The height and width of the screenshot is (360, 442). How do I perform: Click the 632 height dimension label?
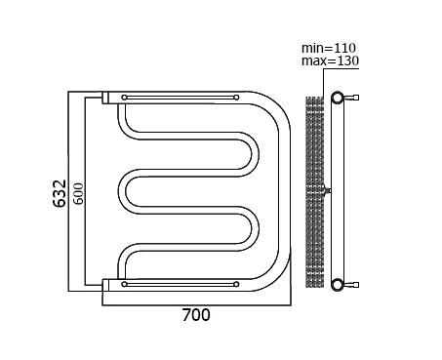[x=60, y=193]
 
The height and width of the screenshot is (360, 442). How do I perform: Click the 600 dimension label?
[x=78, y=194]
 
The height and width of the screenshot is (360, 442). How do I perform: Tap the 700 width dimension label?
[x=196, y=315]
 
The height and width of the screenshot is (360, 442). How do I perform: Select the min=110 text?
[x=329, y=48]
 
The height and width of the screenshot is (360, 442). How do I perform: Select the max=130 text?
[x=330, y=60]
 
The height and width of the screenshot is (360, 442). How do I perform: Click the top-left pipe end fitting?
[x=105, y=98]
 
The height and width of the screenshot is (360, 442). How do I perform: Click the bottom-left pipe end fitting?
[x=105, y=285]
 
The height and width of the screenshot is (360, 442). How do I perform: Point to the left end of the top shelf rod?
[x=124, y=98]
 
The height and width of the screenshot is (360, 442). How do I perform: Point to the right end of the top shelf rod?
[x=236, y=98]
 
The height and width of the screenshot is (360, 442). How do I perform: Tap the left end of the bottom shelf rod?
[x=124, y=284]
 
